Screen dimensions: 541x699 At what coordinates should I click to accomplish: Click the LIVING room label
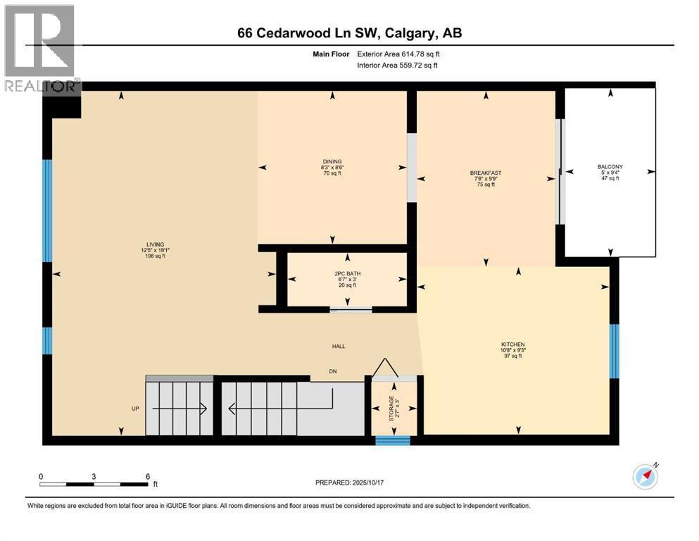[154, 244]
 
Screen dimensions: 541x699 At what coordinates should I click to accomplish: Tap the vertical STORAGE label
[391, 408]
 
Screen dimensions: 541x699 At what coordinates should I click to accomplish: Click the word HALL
[339, 346]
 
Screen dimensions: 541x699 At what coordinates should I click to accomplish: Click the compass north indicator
[645, 476]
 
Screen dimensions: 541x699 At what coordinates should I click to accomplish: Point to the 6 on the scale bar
[147, 476]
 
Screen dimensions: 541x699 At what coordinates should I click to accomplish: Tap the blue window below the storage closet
[392, 441]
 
